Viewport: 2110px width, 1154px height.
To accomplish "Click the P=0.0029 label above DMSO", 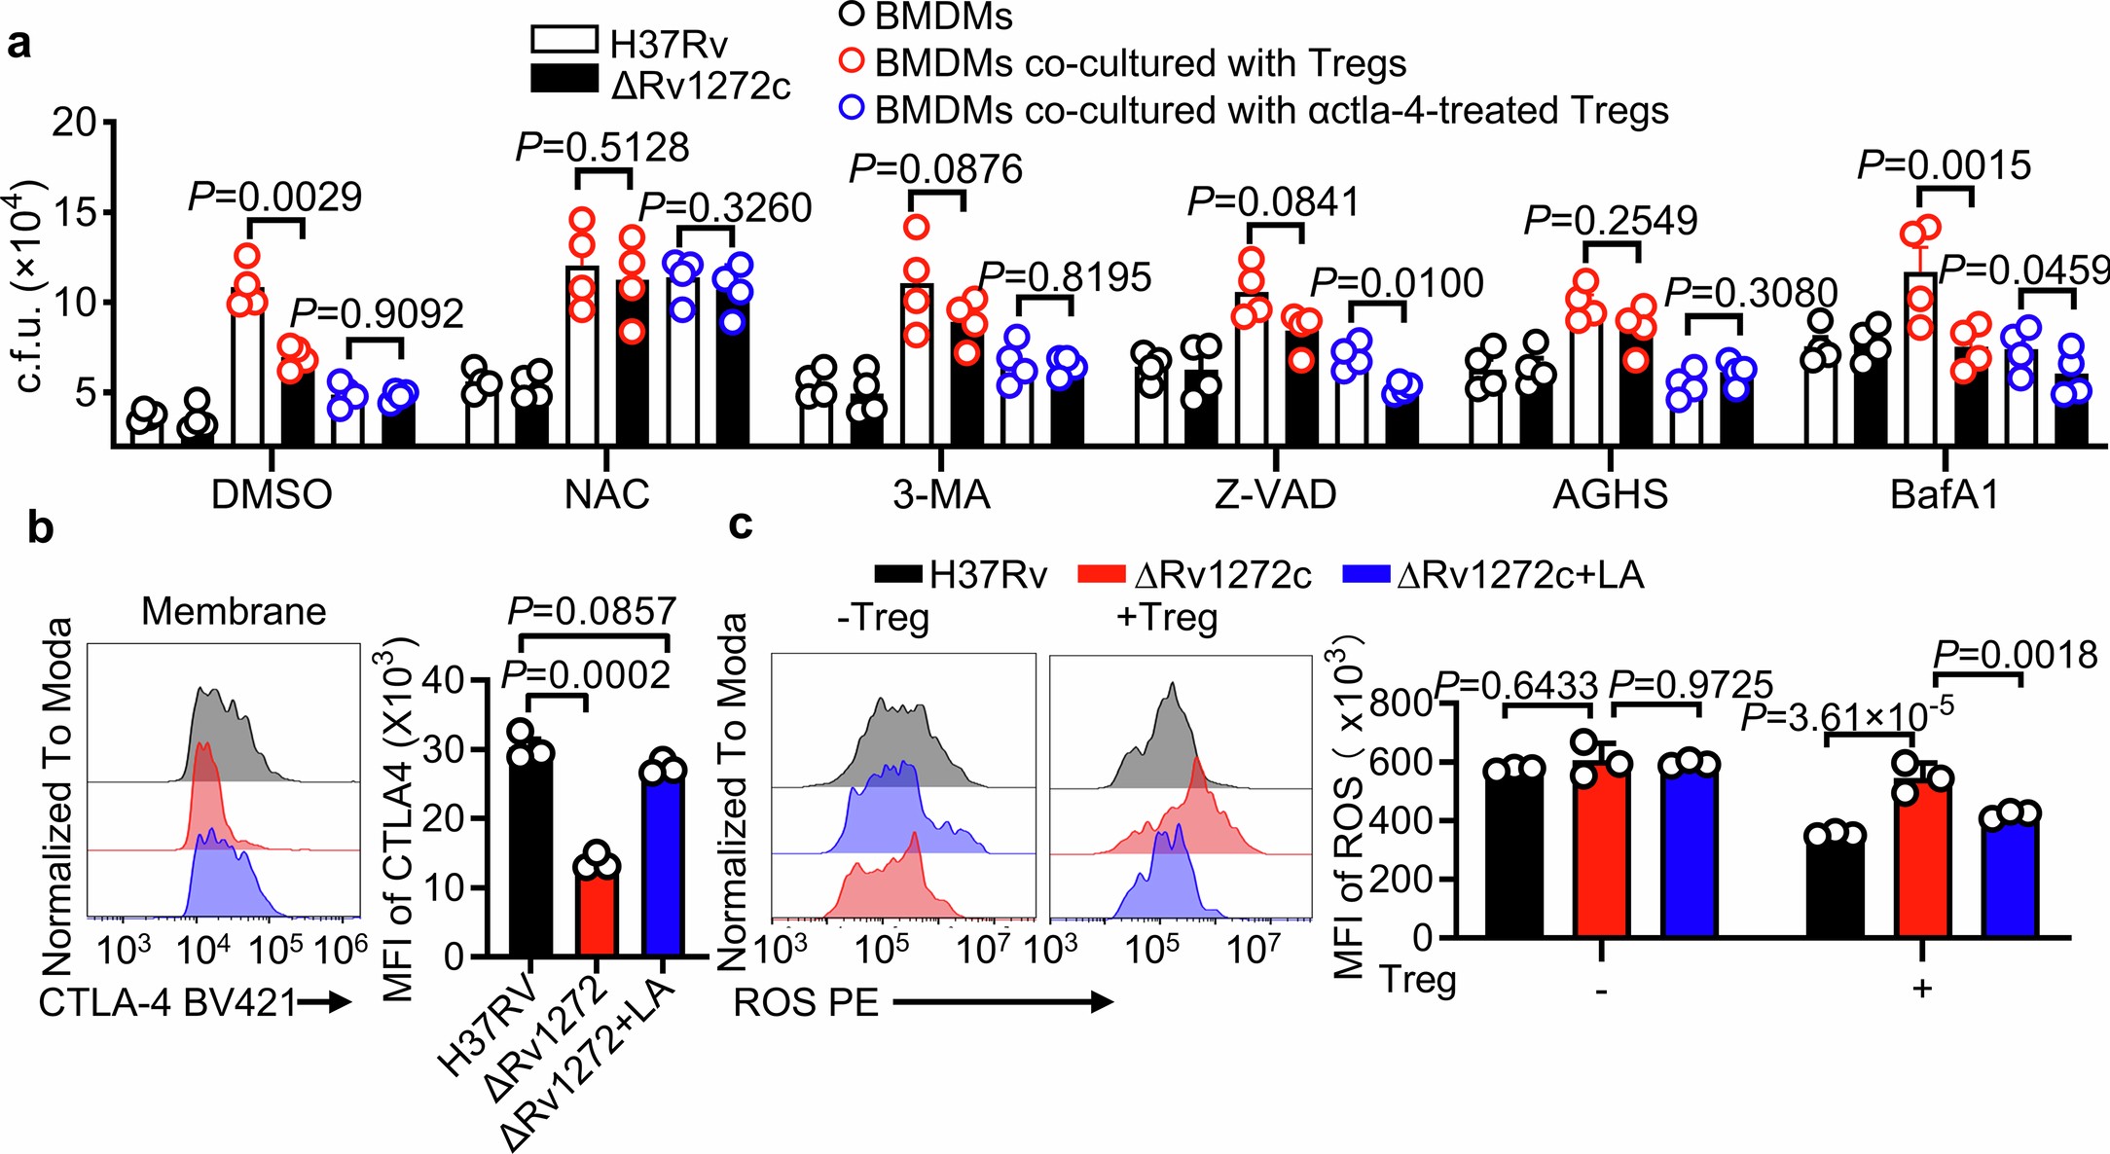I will click(x=274, y=198).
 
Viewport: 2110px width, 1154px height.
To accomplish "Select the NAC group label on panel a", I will click(x=606, y=494).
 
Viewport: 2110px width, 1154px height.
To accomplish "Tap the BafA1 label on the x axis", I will click(x=1944, y=494).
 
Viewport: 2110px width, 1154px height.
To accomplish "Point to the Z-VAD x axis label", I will click(x=1275, y=494).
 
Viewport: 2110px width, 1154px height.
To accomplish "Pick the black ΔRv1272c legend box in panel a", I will click(x=564, y=79).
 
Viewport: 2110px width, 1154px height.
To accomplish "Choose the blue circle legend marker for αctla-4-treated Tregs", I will click(x=852, y=107).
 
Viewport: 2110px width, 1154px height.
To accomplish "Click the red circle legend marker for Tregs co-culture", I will click(x=852, y=60).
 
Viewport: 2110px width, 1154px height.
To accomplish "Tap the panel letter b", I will click(x=40, y=527).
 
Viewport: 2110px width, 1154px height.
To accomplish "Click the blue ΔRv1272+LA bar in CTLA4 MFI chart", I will click(x=664, y=866).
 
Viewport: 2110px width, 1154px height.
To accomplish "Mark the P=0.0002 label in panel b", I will click(x=587, y=674).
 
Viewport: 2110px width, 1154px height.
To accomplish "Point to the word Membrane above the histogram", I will click(x=234, y=611).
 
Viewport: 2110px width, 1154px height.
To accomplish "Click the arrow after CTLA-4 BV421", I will click(x=325, y=1003).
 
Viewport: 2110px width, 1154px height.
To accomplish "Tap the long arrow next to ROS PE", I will click(x=1002, y=1003).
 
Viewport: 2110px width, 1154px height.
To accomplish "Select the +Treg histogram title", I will click(x=1167, y=617).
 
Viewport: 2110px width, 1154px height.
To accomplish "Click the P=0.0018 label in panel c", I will click(x=2015, y=655).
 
